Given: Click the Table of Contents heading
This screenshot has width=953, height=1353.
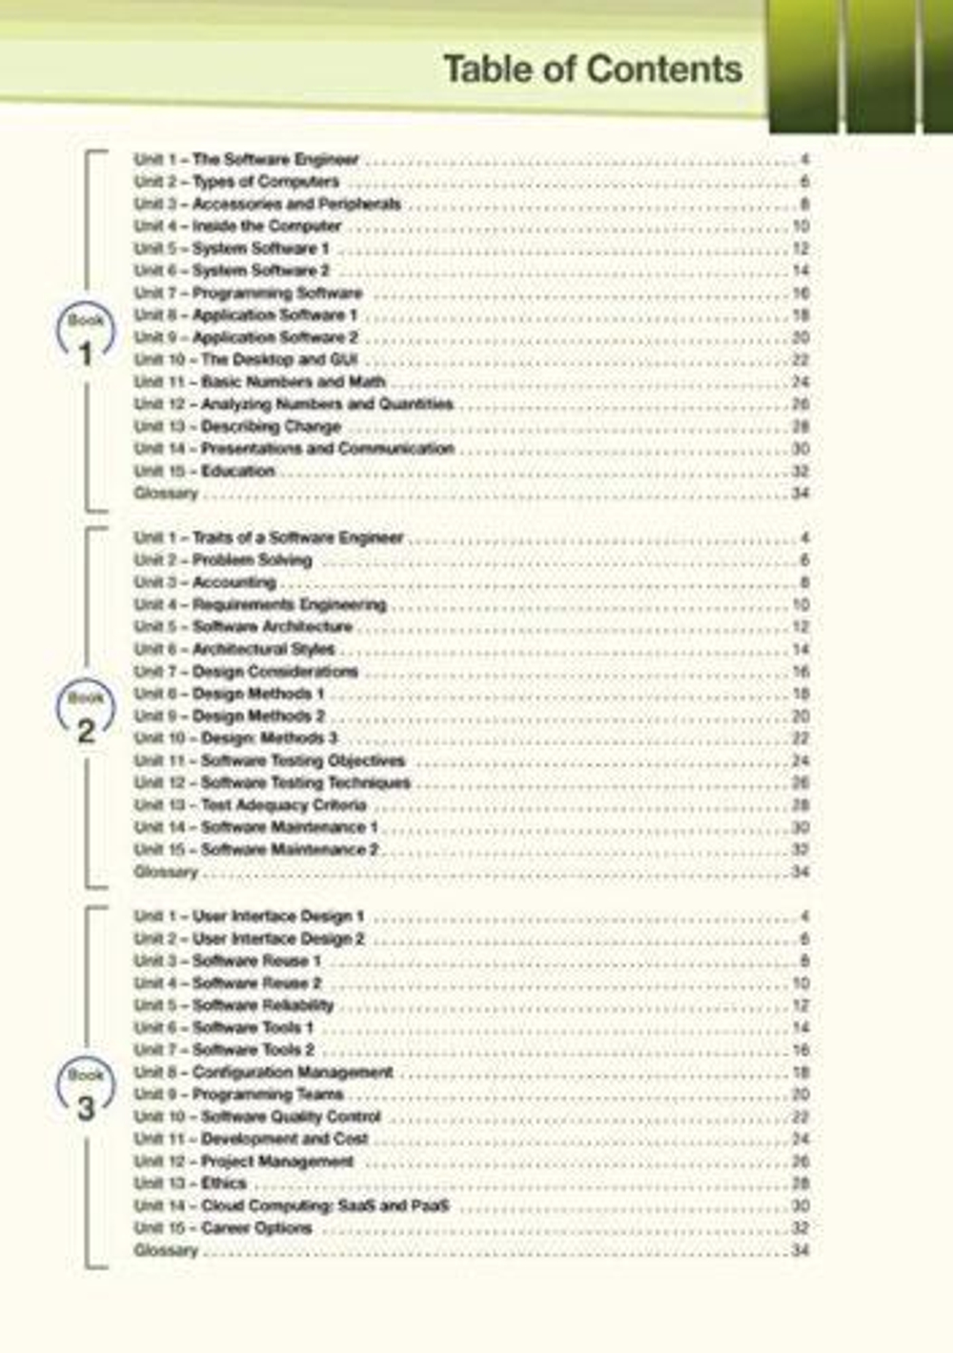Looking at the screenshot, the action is pyautogui.click(x=592, y=70).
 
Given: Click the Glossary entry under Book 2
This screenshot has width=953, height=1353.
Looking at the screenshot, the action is pyautogui.click(x=166, y=872).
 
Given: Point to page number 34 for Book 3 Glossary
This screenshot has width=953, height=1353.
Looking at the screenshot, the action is pyautogui.click(x=801, y=1250).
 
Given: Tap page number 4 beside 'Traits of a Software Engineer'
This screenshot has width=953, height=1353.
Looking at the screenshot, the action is pyautogui.click(x=804, y=537).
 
